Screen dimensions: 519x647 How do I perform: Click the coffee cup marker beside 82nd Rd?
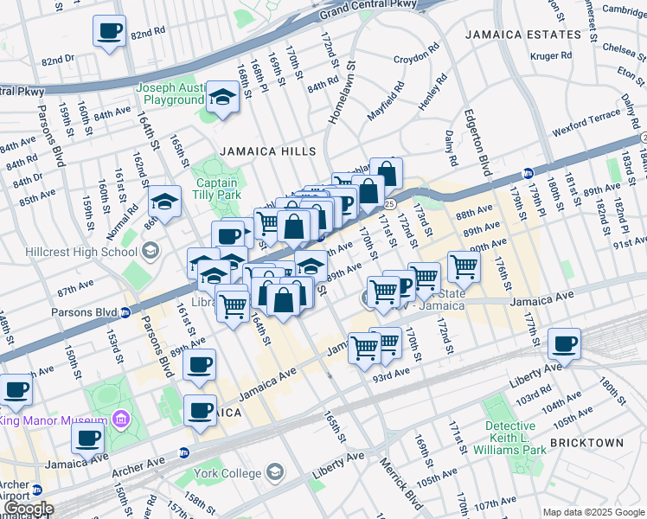(x=109, y=32)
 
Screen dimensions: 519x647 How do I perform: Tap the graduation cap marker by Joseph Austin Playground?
(x=223, y=98)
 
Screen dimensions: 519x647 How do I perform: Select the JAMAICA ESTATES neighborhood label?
(x=522, y=35)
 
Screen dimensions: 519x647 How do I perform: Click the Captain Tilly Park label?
(x=218, y=189)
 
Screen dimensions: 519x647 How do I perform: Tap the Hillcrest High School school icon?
(x=151, y=252)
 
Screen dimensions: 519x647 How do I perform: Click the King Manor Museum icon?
(x=121, y=420)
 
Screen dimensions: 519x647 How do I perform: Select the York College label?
(x=228, y=473)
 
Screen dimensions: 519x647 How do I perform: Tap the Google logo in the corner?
(x=28, y=509)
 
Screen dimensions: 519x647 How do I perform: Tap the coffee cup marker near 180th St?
(x=565, y=343)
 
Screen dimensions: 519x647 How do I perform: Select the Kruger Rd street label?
(x=552, y=55)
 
